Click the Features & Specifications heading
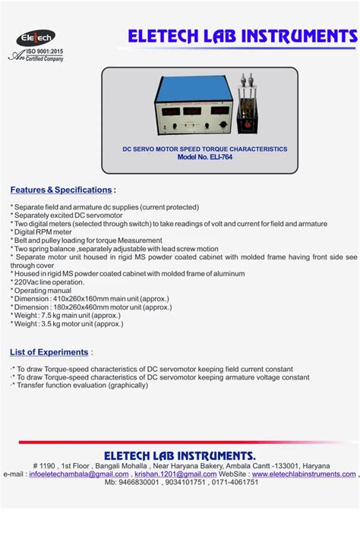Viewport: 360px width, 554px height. coord(61,189)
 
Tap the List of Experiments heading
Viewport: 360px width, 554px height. coord(49,352)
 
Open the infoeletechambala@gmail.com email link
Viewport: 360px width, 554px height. coord(78,474)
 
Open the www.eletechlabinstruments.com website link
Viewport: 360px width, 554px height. coord(304,474)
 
